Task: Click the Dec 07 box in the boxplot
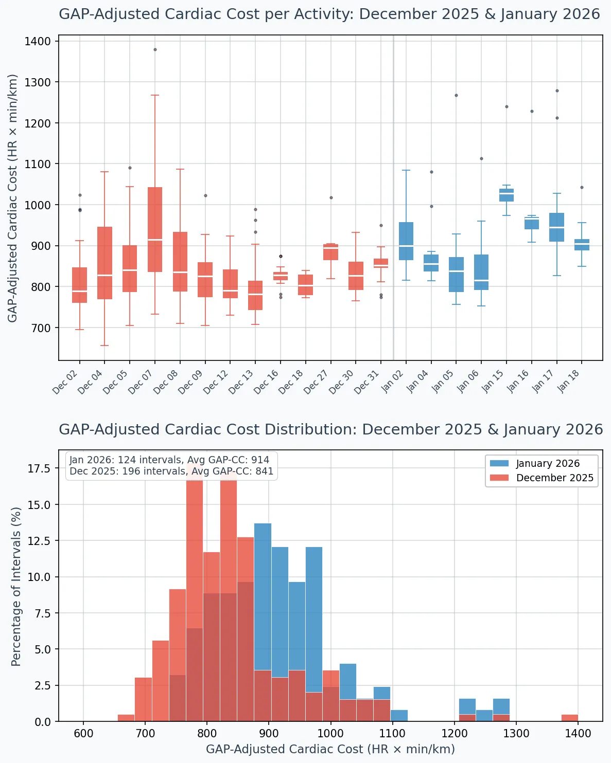point(155,229)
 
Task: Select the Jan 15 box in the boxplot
point(507,195)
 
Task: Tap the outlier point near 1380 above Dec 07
point(155,50)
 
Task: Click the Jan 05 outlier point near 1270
point(456,96)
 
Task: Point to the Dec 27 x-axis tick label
point(316,383)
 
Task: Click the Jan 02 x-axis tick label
point(392,382)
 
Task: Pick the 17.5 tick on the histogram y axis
point(39,468)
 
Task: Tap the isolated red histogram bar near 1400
point(569,718)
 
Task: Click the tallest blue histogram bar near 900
point(263,622)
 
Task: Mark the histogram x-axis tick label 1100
point(392,734)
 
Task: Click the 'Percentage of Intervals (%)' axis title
point(16,586)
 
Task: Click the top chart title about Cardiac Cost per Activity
point(329,14)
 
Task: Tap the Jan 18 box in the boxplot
point(582,245)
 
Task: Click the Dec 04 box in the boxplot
point(104,263)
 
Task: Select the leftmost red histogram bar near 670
point(126,718)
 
